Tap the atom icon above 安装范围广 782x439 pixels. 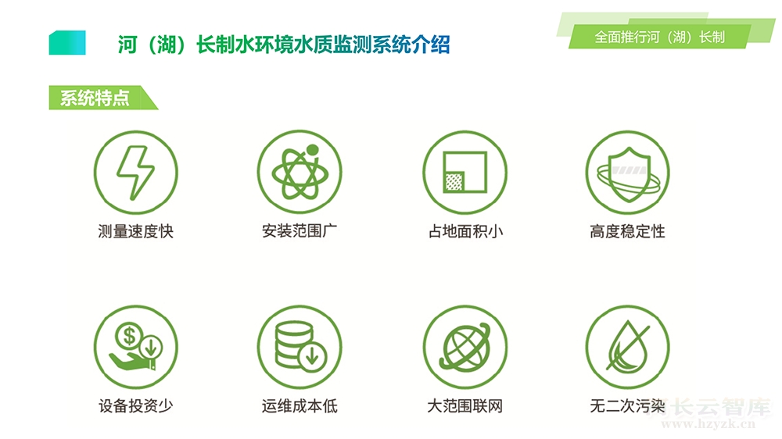(x=300, y=173)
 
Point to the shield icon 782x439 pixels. (x=628, y=173)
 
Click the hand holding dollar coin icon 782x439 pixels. (x=135, y=347)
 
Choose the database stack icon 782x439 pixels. (x=300, y=347)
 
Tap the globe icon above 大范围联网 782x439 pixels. (x=465, y=347)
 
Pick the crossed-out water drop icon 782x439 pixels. (x=628, y=347)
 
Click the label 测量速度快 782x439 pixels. (x=135, y=231)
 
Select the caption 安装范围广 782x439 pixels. (x=300, y=230)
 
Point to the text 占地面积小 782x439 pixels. (x=465, y=231)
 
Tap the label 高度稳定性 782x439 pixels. (x=627, y=231)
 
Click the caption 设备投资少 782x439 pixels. (x=135, y=405)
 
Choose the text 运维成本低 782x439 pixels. (x=300, y=405)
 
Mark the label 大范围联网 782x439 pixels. (x=465, y=405)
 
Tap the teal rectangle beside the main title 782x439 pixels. (x=67, y=43)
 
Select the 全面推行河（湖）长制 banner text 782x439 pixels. (x=659, y=37)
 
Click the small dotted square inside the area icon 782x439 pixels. (x=454, y=181)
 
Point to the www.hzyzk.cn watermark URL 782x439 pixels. (x=708, y=424)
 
